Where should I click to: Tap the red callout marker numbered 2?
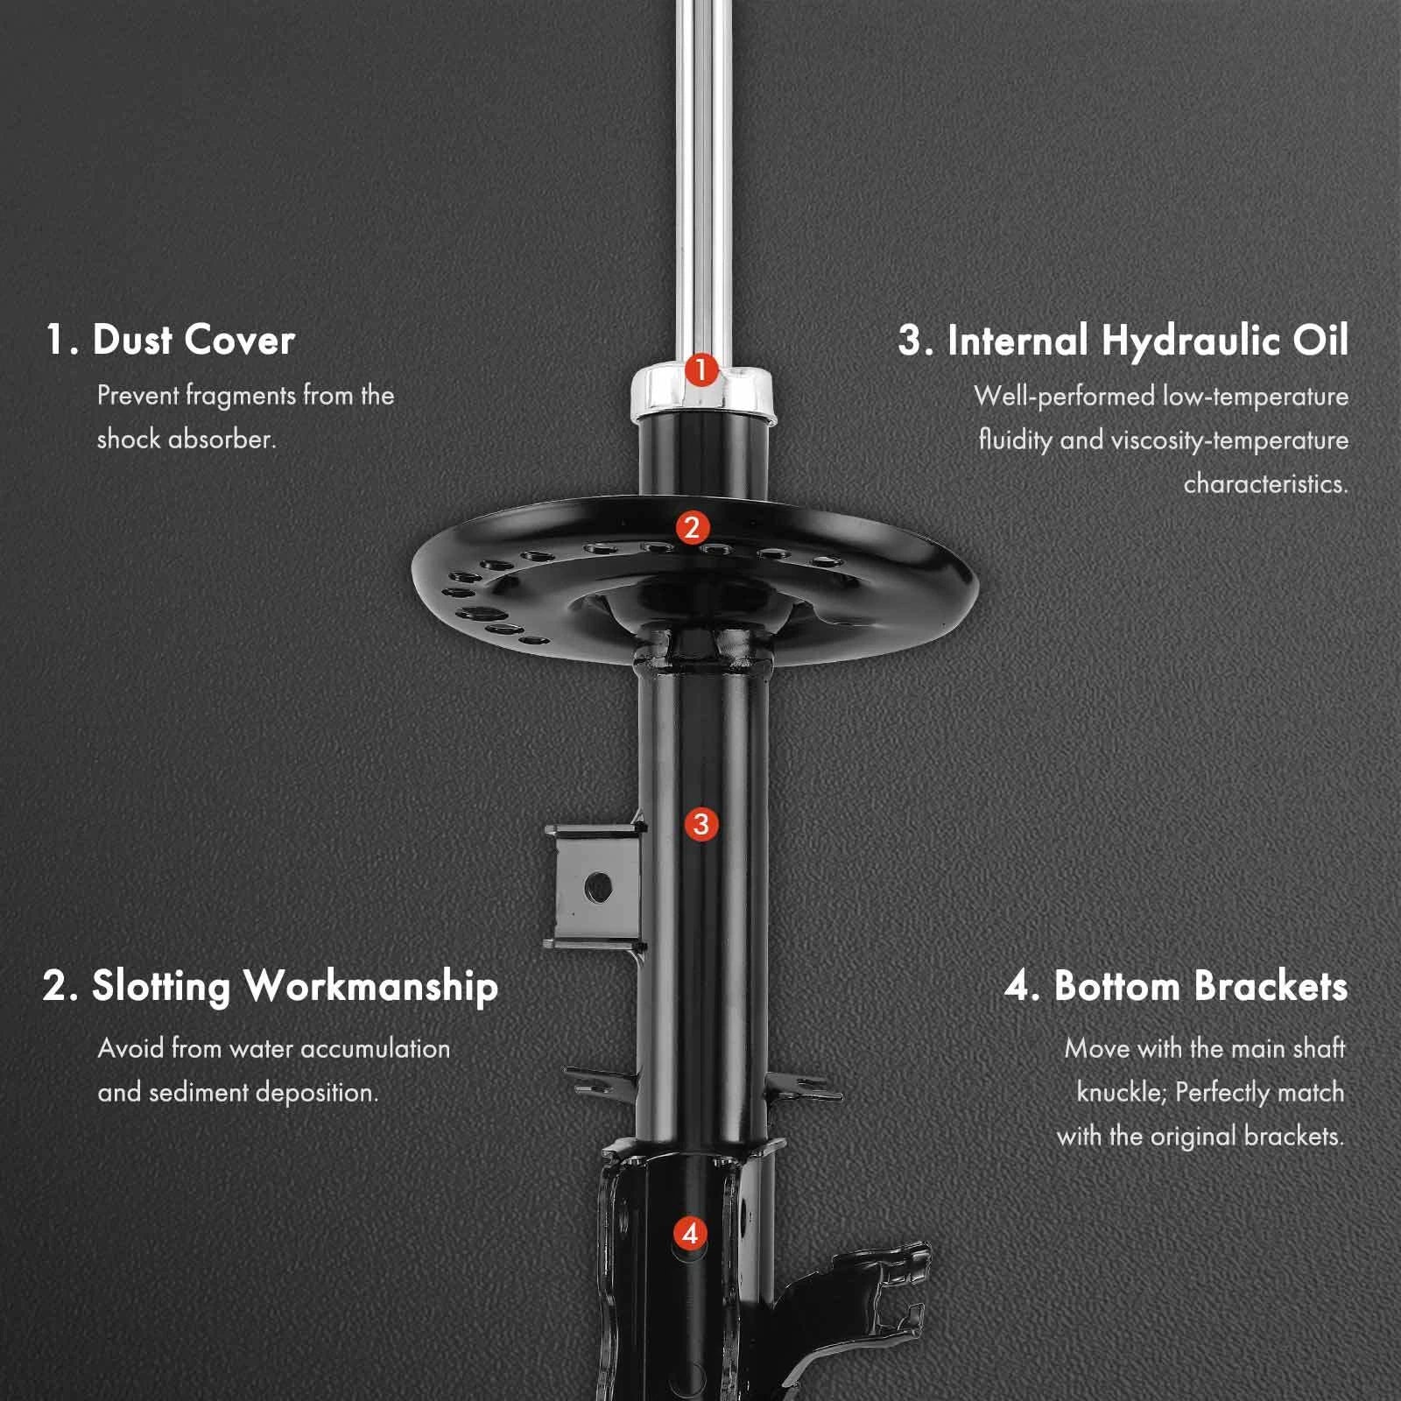692,528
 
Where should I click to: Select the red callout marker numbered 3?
700,824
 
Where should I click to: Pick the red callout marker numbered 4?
690,1234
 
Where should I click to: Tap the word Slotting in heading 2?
160,986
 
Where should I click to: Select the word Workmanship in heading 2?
371,986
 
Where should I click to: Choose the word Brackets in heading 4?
1271,986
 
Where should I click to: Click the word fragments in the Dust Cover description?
241,396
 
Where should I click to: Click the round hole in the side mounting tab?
598,887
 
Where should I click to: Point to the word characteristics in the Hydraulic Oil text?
1266,483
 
